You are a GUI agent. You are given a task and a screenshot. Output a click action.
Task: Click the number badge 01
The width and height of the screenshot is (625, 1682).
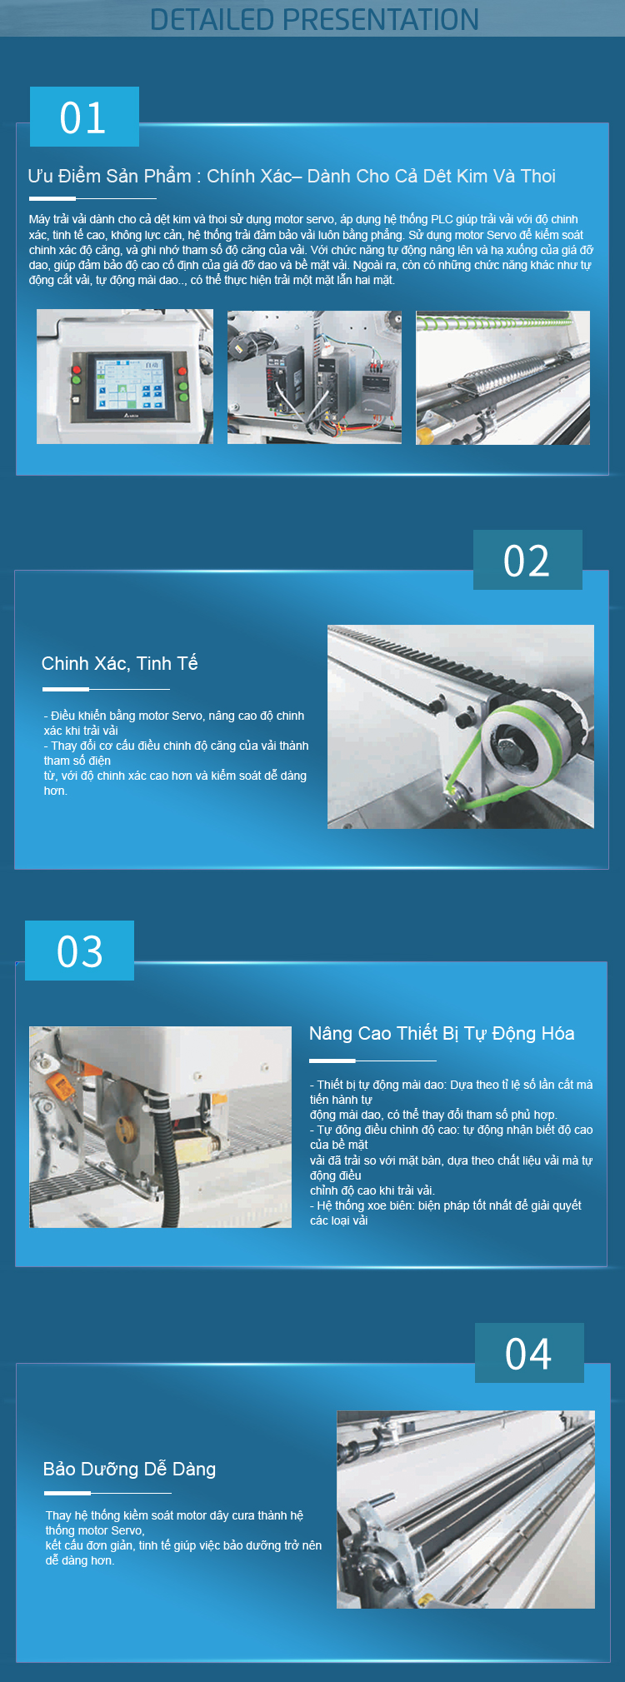[84, 117]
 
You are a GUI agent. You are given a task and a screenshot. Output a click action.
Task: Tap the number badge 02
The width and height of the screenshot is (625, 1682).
[527, 560]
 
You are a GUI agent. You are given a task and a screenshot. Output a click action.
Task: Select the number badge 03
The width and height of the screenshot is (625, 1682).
[79, 951]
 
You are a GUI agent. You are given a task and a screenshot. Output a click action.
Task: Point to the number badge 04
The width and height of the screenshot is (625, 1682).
[529, 1353]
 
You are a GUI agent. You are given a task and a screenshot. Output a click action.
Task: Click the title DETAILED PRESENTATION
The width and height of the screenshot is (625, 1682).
[314, 19]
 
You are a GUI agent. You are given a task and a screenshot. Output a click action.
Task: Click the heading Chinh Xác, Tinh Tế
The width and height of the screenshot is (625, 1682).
[119, 663]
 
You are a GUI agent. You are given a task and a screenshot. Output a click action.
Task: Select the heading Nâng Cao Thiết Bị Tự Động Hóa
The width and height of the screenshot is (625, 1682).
[442, 1033]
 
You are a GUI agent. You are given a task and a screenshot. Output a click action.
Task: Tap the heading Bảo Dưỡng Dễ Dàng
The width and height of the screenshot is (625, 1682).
[129, 1469]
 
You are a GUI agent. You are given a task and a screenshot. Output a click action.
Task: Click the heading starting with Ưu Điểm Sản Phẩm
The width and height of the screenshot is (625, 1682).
[292, 176]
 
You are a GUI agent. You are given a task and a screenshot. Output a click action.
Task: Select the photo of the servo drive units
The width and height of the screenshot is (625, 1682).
[314, 377]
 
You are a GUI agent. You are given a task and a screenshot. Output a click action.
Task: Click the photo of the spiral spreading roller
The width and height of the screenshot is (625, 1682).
[503, 377]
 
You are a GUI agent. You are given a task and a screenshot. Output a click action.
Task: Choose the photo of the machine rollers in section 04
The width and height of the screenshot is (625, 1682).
[466, 1510]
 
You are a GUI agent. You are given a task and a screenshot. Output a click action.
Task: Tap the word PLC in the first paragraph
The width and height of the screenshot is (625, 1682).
[442, 219]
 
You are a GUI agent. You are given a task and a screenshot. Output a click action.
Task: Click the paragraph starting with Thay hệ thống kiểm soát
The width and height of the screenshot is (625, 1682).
[183, 1538]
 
